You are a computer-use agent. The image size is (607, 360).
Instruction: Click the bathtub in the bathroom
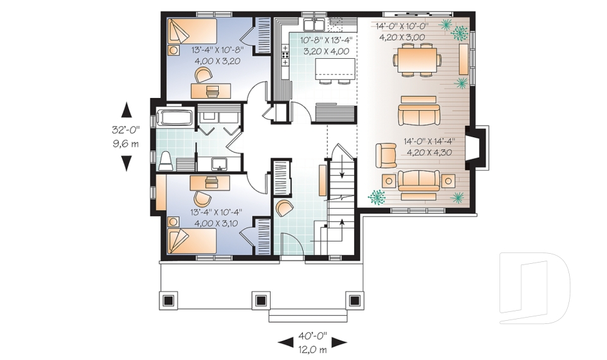[175, 118]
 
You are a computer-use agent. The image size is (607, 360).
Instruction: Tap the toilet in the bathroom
[166, 161]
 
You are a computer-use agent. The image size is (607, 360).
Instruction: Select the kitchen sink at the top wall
[314, 25]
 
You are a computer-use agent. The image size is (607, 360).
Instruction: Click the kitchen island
[335, 68]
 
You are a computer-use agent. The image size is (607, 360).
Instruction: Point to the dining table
[417, 60]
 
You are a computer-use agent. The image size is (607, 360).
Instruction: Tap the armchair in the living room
[386, 156]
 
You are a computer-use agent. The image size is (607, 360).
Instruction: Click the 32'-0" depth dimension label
[126, 130]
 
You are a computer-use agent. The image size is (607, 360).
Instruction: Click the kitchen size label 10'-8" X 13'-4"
[327, 40]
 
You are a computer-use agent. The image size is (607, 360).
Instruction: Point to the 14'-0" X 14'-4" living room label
[429, 142]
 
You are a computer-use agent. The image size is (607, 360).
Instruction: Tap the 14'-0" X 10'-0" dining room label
[402, 27]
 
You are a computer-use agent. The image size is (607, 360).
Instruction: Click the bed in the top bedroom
[192, 32]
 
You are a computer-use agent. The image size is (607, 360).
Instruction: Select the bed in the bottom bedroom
[192, 240]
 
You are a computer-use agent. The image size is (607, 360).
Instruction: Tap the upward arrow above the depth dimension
[126, 109]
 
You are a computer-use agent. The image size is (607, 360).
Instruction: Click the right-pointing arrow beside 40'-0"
[340, 342]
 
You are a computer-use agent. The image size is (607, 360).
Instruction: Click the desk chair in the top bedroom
[203, 75]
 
